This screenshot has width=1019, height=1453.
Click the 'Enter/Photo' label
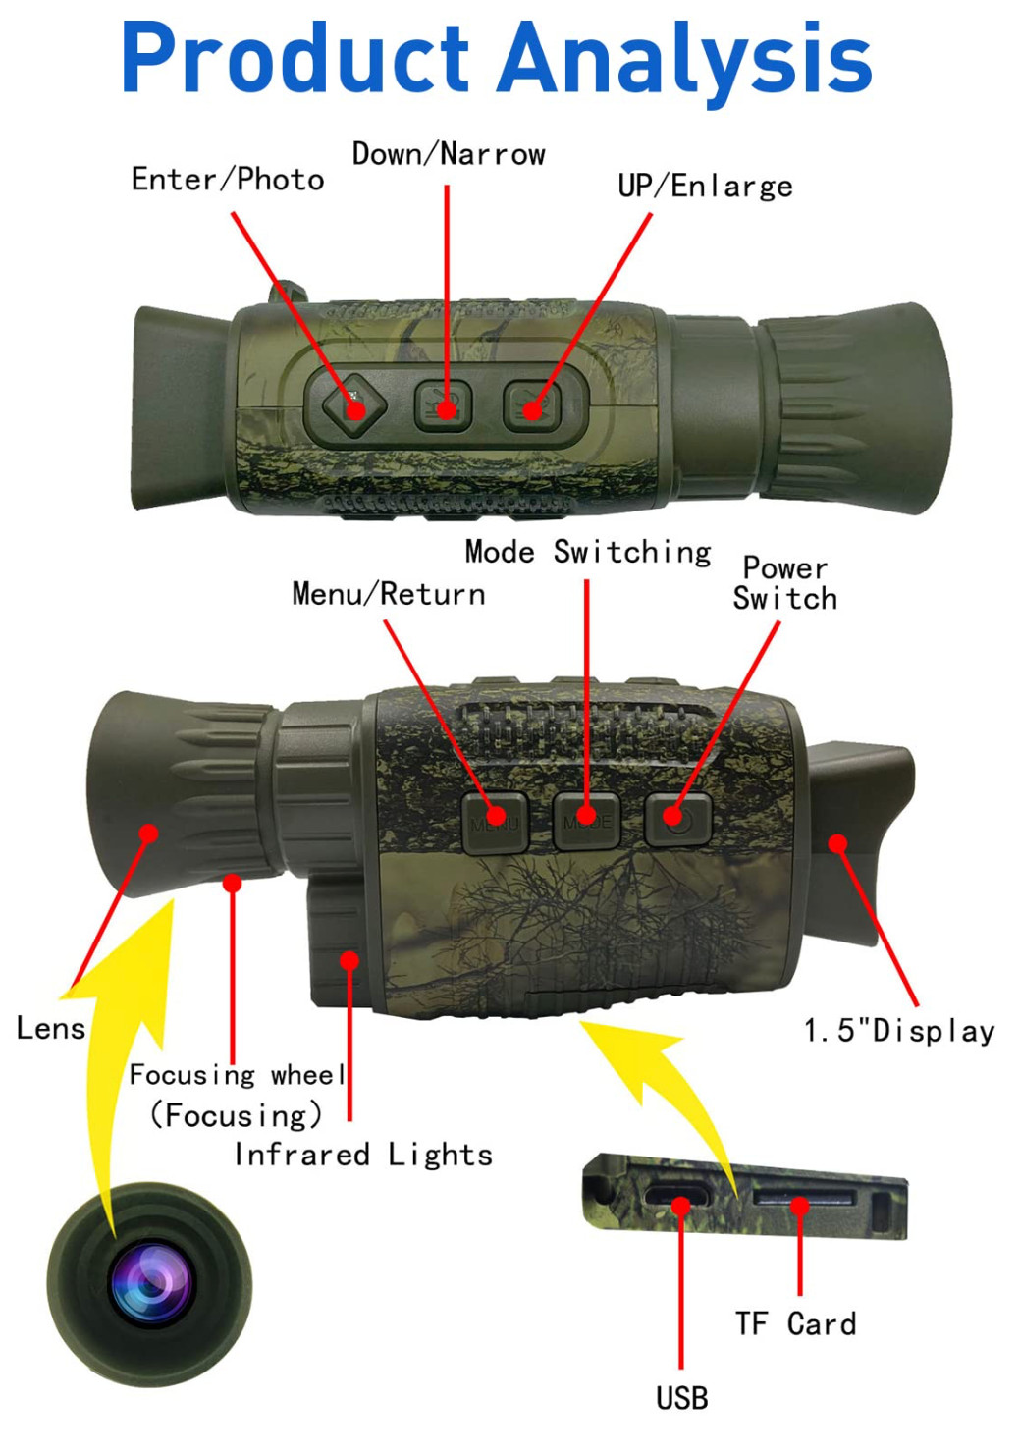(228, 180)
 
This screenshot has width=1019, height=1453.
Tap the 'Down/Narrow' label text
(449, 154)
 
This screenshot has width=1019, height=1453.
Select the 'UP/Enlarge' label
(705, 186)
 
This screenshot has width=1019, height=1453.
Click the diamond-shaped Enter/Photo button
(353, 404)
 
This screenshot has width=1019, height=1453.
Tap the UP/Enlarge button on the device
(532, 405)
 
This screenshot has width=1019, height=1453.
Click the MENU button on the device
(495, 820)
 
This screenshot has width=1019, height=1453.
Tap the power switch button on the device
(677, 818)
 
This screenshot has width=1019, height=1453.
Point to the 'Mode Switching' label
(588, 552)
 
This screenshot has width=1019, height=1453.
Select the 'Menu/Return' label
(389, 594)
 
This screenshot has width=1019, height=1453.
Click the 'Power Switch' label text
(785, 583)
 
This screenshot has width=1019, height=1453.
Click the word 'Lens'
(51, 1028)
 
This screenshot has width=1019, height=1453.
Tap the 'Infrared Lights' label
(363, 1155)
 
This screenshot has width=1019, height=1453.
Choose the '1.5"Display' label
(899, 1030)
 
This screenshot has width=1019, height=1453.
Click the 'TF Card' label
(796, 1323)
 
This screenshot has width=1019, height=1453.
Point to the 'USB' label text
(681, 1397)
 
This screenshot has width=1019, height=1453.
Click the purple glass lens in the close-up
(150, 1281)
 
